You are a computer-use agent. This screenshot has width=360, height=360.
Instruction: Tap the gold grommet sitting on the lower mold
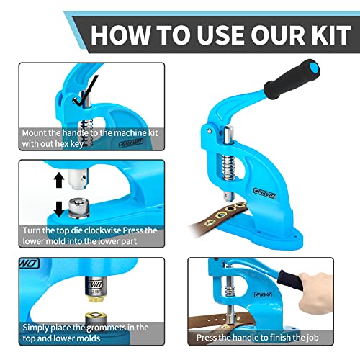[92, 297]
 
